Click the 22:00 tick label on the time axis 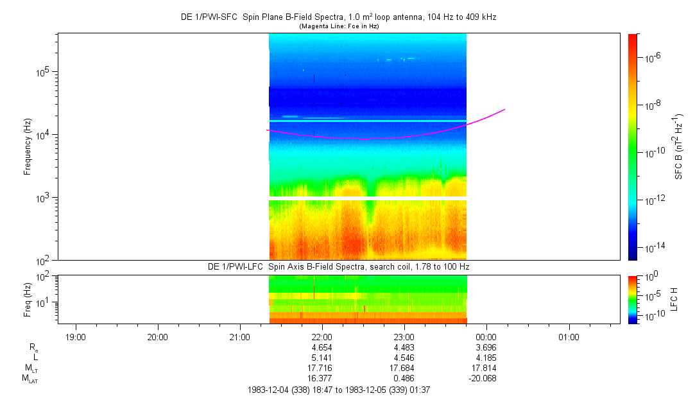point(322,336)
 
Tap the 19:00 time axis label point(76,336)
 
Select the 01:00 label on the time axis point(568,336)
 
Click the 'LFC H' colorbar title point(674,299)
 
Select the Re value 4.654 point(322,347)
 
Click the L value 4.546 point(404,357)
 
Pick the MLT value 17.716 point(322,368)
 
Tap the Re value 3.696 point(486,347)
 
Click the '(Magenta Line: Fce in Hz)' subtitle point(339,26)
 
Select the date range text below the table point(338,390)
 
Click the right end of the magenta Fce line point(504,110)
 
